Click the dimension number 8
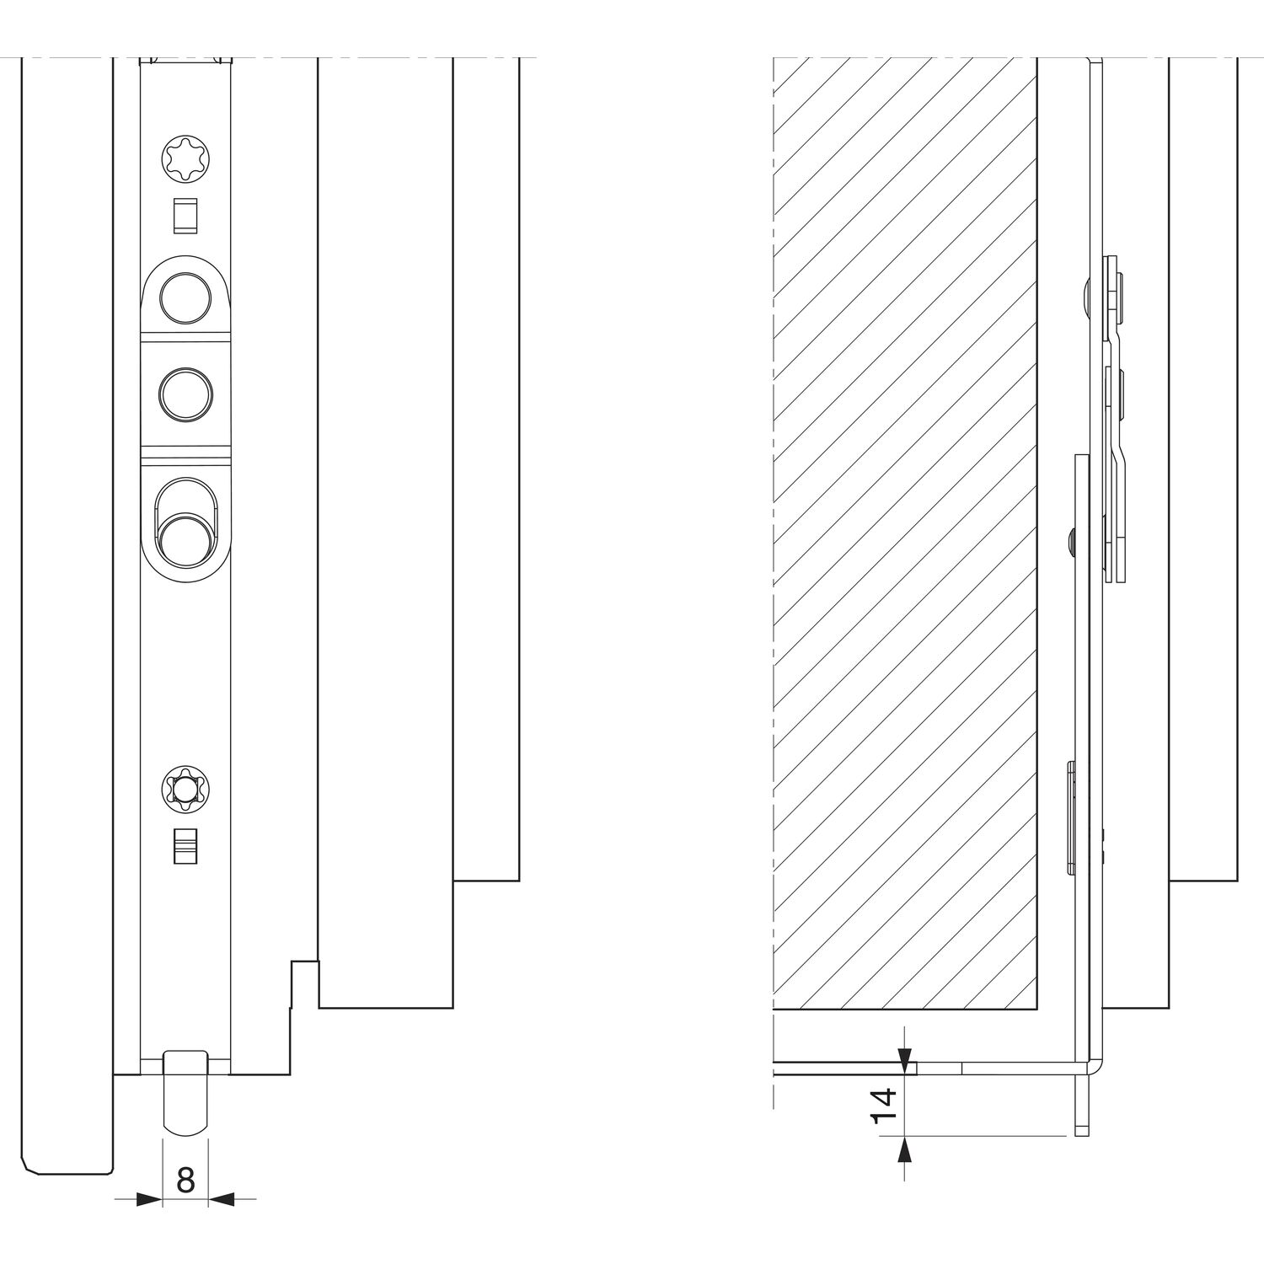click(x=185, y=1181)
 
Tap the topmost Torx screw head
click(x=185, y=159)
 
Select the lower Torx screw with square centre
click(x=185, y=790)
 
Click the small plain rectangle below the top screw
click(x=185, y=216)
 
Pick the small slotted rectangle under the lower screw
click(x=185, y=846)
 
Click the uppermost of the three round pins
click(x=185, y=298)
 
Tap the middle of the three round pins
click(x=185, y=394)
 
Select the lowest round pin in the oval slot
click(x=185, y=541)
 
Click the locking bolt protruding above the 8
click(x=185, y=1093)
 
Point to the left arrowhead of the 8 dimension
click(x=149, y=1199)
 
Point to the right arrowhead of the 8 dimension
click(x=222, y=1199)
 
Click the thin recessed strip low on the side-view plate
click(x=1071, y=817)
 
